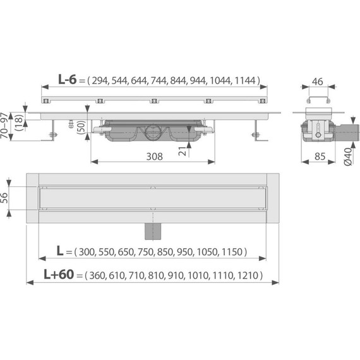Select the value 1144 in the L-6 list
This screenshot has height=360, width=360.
pyautogui.click(x=245, y=80)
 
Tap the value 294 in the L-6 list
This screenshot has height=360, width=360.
pyautogui.click(x=100, y=80)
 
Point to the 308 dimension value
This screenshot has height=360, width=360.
pyautogui.click(x=145, y=157)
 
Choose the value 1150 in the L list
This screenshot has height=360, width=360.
pyautogui.click(x=231, y=251)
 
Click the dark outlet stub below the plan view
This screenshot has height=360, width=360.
pyautogui.click(x=152, y=231)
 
